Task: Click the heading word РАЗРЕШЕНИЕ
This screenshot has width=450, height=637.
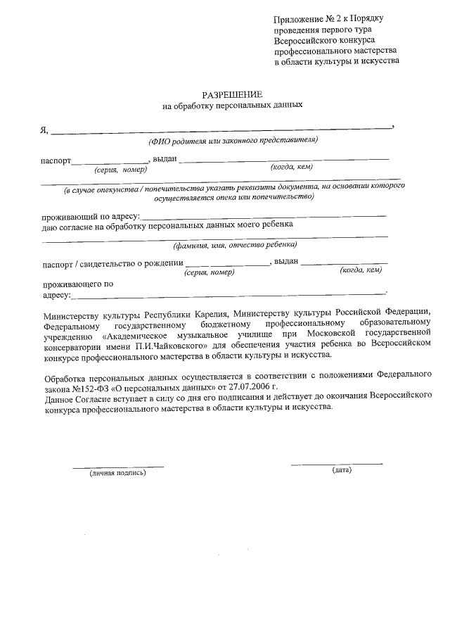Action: pos(232,94)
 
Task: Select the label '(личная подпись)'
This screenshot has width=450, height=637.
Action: pos(117,473)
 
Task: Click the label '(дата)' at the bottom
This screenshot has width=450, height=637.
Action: pos(342,469)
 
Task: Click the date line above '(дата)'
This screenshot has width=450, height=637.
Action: pos(337,462)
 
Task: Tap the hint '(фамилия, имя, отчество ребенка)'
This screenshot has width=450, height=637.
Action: pos(235,245)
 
